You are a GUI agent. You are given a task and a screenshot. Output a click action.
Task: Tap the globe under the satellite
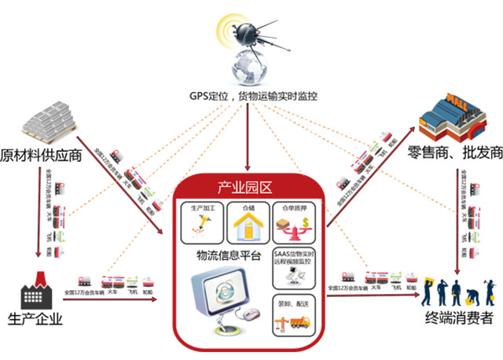click(x=249, y=68)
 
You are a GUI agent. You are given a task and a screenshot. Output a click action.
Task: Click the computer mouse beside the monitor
click(x=252, y=315)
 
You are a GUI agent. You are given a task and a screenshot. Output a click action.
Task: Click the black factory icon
click(x=35, y=292)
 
